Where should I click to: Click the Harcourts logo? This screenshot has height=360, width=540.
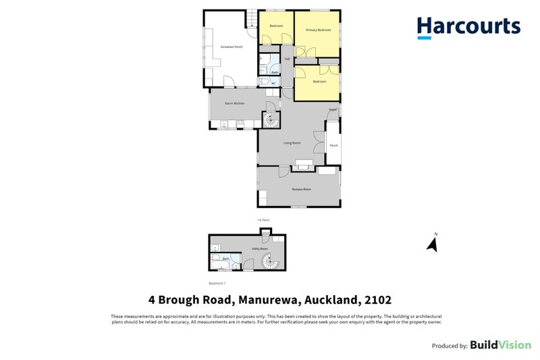coord(468,27)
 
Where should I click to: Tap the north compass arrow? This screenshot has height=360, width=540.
coord(433,242)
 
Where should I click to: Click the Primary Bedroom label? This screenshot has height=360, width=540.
coord(318,30)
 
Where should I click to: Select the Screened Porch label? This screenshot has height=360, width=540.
coord(232,47)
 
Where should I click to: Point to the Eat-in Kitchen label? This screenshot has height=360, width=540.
coord(235,103)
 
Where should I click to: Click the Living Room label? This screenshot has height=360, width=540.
coord(292,143)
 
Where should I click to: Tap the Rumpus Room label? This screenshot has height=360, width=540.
coord(301,189)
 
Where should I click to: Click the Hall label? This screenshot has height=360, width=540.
coord(287,59)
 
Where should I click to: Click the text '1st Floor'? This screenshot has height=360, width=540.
coord(263,220)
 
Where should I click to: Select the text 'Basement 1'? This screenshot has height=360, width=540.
coord(217,283)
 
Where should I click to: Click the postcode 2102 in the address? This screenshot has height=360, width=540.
coord(376,299)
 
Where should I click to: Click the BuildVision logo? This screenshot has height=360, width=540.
coord(500,345)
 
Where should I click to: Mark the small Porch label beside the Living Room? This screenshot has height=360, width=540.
coord(333,146)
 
